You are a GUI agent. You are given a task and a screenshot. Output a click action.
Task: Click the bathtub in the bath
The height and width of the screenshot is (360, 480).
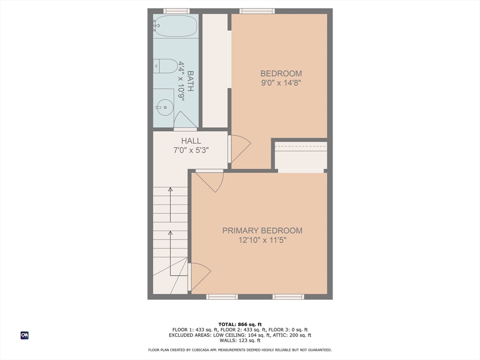tap(176, 26)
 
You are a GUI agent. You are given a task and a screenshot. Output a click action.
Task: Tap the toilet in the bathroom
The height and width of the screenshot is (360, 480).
tap(165, 66)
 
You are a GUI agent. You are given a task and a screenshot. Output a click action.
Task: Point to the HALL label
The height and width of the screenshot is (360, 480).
tap(191, 141)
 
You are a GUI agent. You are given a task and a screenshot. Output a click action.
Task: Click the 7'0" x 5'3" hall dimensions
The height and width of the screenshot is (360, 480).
tap(191, 150)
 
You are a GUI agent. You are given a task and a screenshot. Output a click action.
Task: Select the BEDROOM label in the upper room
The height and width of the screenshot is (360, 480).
tap(281, 74)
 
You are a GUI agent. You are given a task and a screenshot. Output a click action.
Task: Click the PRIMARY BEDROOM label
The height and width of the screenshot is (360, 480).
tap(262, 231)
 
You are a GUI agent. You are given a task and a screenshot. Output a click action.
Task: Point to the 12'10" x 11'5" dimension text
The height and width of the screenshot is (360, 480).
tap(262, 240)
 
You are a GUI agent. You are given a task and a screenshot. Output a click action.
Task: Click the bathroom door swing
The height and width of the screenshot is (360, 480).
tap(185, 120)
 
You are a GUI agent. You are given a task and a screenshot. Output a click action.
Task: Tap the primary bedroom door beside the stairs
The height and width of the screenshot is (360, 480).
tap(200, 277)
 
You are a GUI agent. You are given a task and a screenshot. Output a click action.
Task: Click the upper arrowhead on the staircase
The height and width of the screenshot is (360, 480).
tap(170, 190)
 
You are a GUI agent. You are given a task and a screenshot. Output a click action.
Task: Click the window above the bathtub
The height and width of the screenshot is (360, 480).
tap(176, 11)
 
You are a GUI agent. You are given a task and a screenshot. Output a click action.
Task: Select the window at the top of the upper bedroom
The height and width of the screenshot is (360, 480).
tap(257, 11)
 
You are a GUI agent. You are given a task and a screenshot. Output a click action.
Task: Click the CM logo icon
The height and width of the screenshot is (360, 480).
tap(24, 335)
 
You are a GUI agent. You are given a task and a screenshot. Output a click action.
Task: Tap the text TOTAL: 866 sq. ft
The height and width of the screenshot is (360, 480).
tap(240, 324)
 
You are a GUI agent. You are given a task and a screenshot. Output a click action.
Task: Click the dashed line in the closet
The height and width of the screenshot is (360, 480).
tap(300, 147)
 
